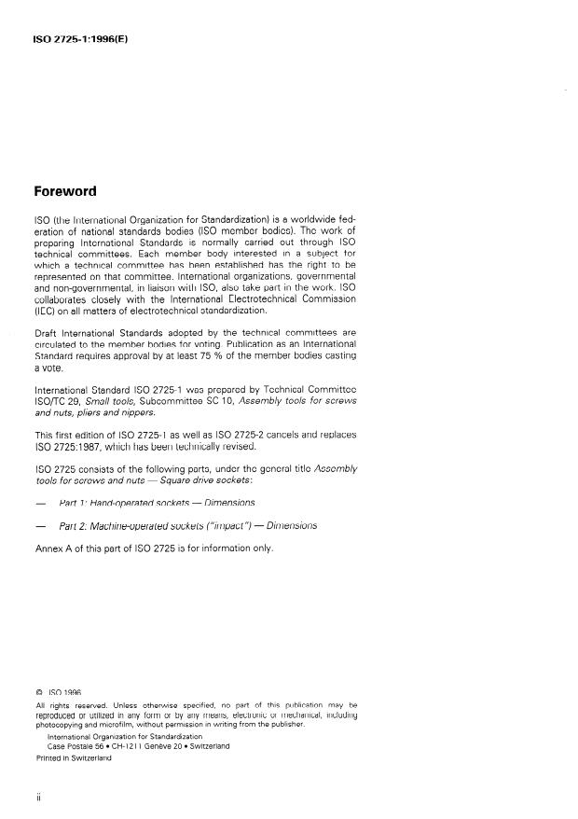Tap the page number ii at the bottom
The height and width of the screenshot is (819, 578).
pyautogui.click(x=36, y=799)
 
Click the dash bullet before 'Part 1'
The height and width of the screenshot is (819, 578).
pyautogui.click(x=38, y=504)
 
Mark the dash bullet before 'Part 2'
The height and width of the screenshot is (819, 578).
pyautogui.click(x=38, y=526)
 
